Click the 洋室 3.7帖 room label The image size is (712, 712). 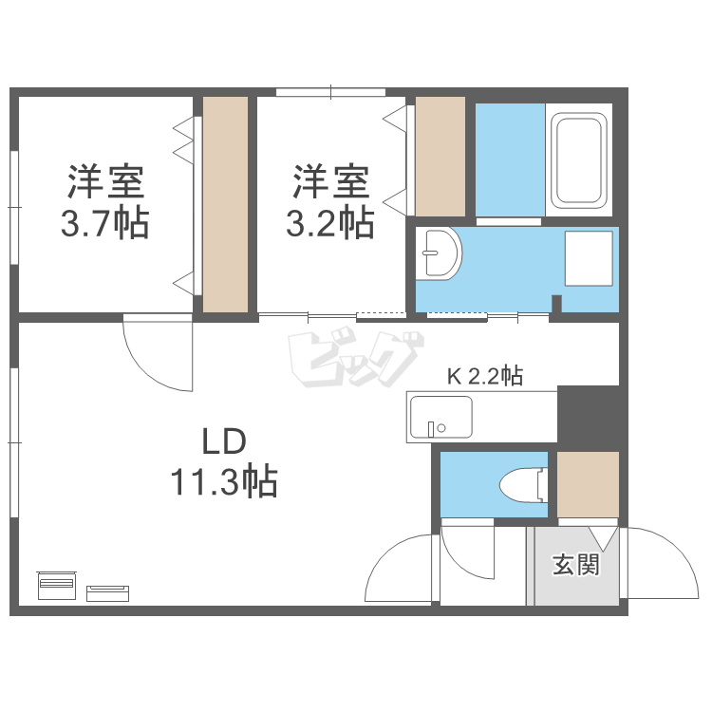click(x=104, y=201)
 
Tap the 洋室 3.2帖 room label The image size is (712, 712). click(x=329, y=201)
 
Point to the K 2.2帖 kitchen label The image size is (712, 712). click(x=484, y=376)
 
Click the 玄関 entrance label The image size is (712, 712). click(x=576, y=566)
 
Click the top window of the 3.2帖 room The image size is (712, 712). click(x=330, y=92)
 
